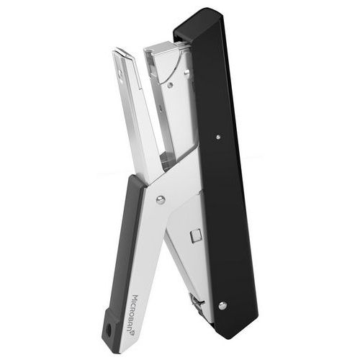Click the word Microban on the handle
pyautogui.click(x=136, y=311)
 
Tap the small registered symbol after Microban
pyautogui.click(x=132, y=333)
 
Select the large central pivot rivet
pyautogui.click(x=161, y=199)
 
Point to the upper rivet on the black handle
pyautogui.click(x=218, y=137)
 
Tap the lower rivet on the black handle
pyautogui.click(x=223, y=305)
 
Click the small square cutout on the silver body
pyautogui.click(x=196, y=236)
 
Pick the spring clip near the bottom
pyautogui.click(x=196, y=303)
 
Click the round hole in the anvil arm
pyautogui.click(x=120, y=73)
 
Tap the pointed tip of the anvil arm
pyautogui.click(x=115, y=50)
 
